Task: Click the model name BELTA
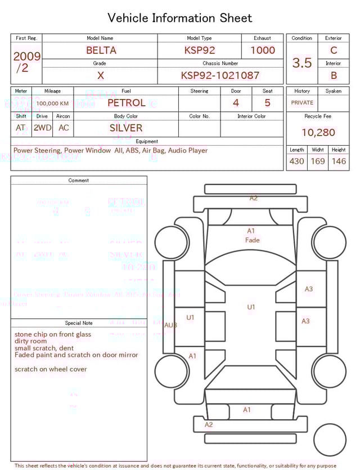[101, 50]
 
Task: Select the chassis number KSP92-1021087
[220, 75]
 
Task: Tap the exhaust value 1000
[263, 50]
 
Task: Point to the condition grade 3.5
[302, 62]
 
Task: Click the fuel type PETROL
[126, 102]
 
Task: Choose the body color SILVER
[126, 128]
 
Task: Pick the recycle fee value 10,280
[318, 133]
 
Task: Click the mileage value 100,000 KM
[52, 104]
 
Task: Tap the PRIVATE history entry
[302, 103]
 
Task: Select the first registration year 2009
[26, 56]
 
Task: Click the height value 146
[339, 162]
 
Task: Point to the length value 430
[296, 162]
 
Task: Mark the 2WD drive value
[42, 128]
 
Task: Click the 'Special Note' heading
[79, 323]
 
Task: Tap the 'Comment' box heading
[79, 181]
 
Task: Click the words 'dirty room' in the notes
[31, 341]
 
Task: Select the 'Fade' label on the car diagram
[253, 240]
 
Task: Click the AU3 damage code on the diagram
[170, 325]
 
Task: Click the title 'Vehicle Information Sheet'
[180, 18]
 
